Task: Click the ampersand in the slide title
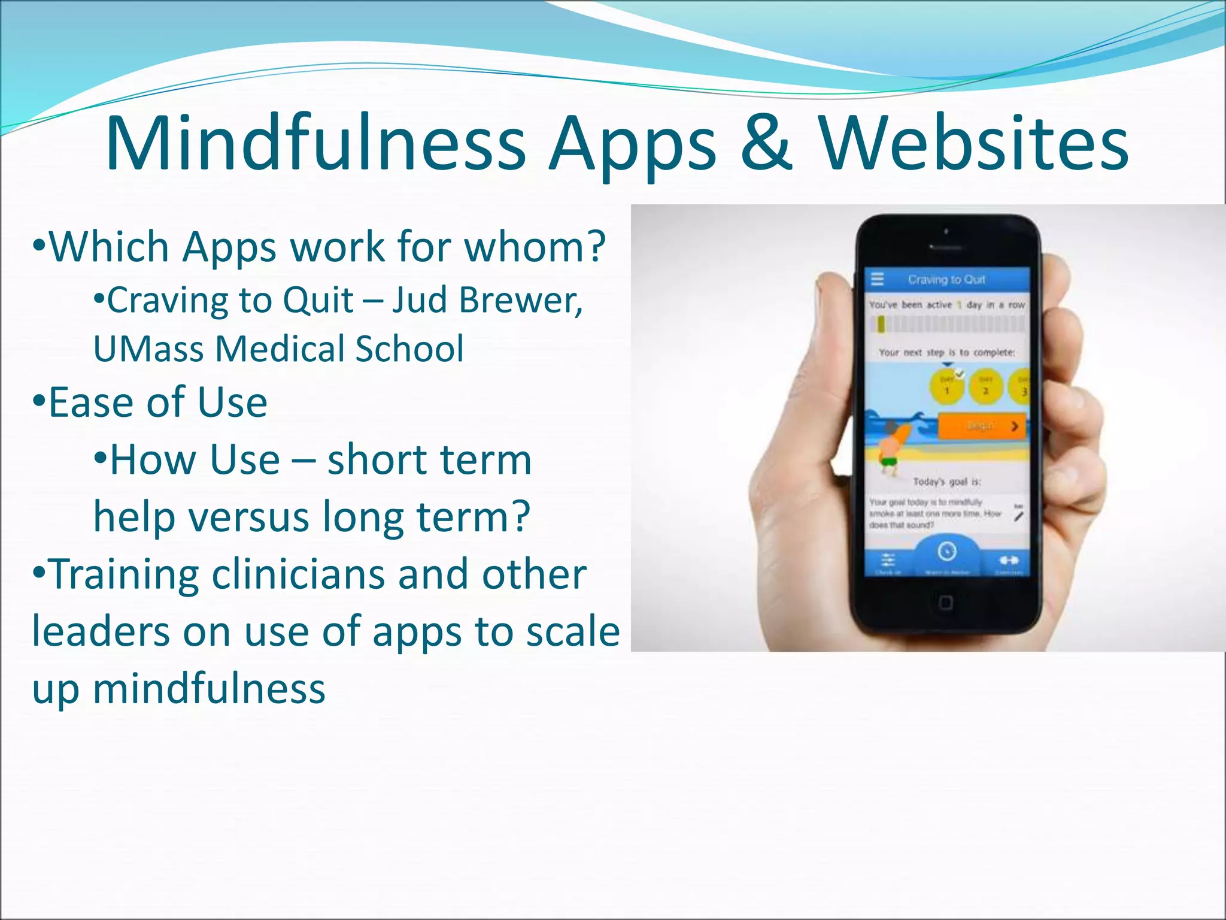766,144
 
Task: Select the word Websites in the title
973,144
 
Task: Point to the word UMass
147,349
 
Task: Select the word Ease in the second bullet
90,402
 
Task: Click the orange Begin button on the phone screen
982,426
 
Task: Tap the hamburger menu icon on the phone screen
878,279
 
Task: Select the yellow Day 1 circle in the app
946,387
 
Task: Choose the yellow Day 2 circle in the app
985,387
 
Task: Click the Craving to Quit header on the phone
946,279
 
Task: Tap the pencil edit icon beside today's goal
1019,515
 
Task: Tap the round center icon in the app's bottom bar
946,552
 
